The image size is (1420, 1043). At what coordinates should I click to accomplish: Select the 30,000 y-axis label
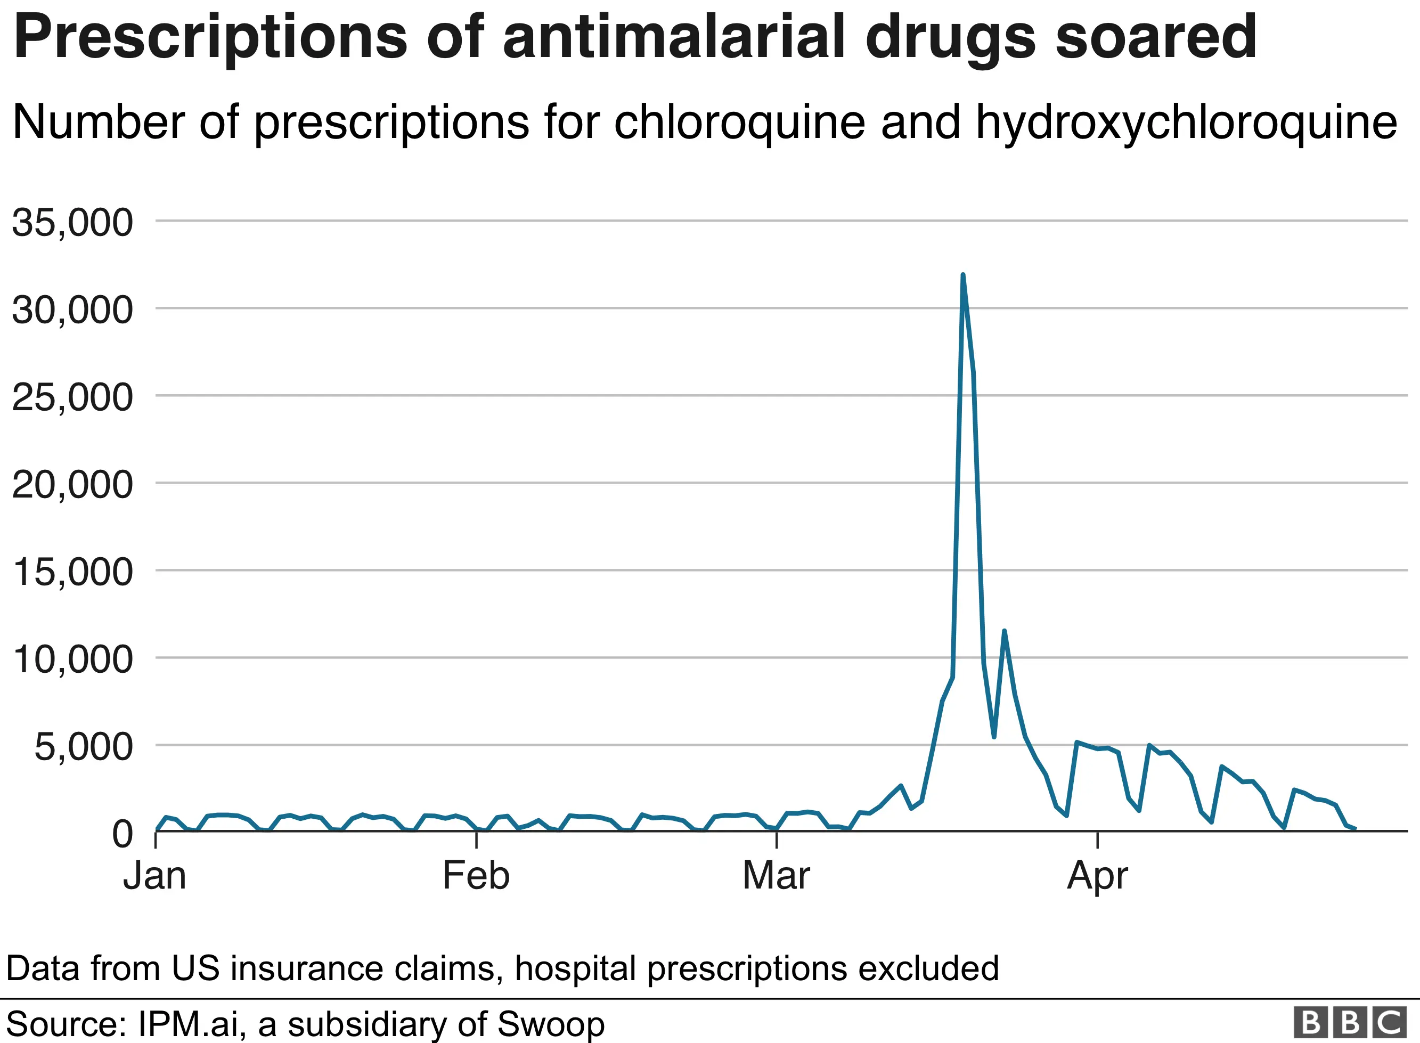[x=72, y=310]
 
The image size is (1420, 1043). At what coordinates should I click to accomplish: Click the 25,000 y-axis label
[x=72, y=397]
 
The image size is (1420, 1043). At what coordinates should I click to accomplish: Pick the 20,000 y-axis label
[x=72, y=485]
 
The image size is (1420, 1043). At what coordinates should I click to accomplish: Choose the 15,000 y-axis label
[x=72, y=572]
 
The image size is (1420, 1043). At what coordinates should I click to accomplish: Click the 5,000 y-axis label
[x=83, y=747]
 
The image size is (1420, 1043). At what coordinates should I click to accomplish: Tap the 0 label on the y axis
[x=123, y=834]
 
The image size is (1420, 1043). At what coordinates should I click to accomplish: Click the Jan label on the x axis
[x=154, y=876]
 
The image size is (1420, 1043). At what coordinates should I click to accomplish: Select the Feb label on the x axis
[x=476, y=876]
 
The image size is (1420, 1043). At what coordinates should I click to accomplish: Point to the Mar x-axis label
[x=776, y=876]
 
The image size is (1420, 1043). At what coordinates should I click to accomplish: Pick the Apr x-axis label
[x=1098, y=876]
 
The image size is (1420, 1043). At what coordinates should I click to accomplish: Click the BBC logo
[x=1349, y=1022]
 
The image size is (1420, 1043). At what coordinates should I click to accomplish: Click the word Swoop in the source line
[x=550, y=1024]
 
